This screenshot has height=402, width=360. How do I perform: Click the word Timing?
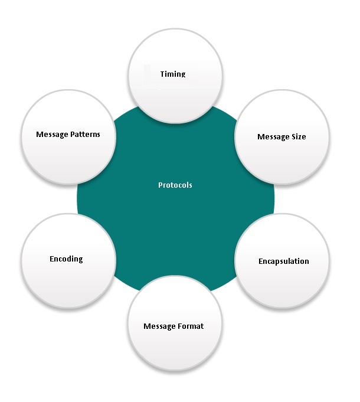click(x=173, y=74)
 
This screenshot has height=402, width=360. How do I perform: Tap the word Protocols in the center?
click(x=175, y=185)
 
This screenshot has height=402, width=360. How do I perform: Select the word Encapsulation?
click(x=284, y=261)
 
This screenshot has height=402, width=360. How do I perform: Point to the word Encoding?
click(x=66, y=259)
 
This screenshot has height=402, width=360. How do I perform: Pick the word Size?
click(x=299, y=137)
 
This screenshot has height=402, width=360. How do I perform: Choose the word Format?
click(x=191, y=326)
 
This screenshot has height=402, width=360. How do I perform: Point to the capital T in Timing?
click(x=162, y=74)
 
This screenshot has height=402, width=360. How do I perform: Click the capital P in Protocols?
click(x=161, y=185)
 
